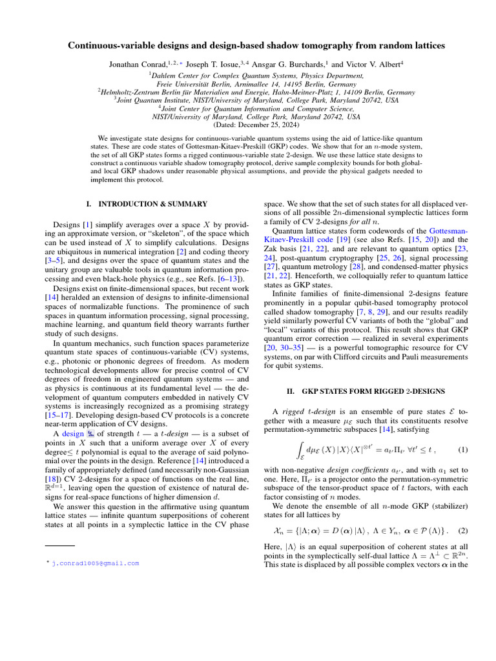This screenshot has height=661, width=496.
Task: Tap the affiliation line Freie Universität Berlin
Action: [248, 83]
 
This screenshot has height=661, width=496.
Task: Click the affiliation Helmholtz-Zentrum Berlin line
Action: [248, 92]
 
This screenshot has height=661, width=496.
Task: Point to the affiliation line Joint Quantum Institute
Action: [248, 100]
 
